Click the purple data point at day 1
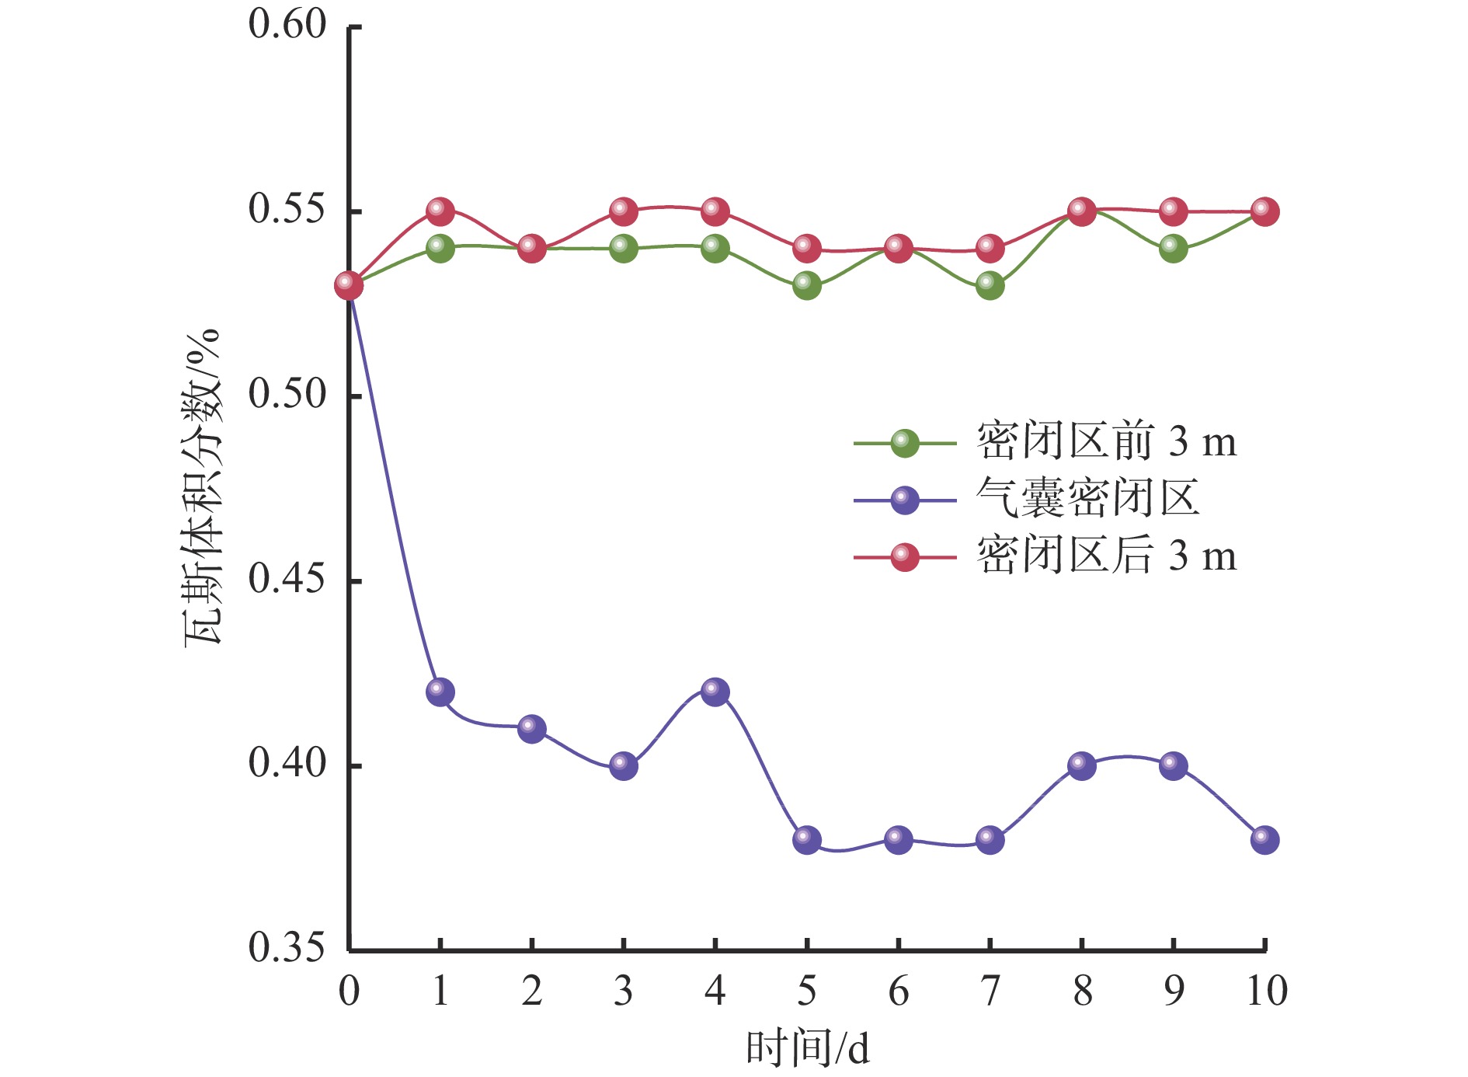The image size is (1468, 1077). point(440,692)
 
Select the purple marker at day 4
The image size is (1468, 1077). point(715,692)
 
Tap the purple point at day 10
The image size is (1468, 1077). point(1264,839)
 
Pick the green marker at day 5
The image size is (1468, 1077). point(807,285)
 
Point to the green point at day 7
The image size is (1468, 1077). point(990,285)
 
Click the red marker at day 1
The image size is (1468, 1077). point(440,211)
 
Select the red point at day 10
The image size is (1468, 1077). point(1264,211)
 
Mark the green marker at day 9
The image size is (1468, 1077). point(1173,249)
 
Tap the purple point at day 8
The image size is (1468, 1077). point(1081,765)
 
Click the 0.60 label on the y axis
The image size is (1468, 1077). point(287,25)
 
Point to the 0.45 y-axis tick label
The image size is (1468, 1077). point(287,579)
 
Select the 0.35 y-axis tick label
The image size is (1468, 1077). point(287,948)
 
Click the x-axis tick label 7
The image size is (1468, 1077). point(990,992)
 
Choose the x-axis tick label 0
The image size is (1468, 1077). point(349,992)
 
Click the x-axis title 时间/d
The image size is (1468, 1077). point(807,1047)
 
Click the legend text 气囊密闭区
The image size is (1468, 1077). point(1087,499)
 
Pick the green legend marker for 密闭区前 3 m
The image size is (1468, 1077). point(904,443)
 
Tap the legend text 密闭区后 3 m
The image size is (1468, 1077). point(1106,556)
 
